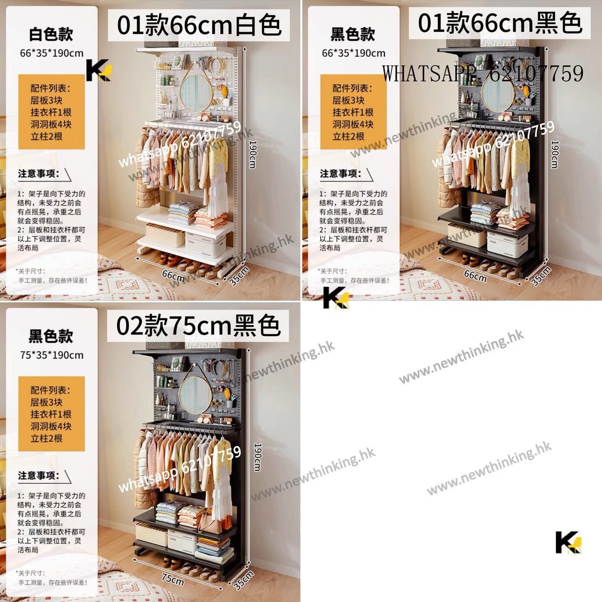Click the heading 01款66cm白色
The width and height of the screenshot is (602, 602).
click(198, 25)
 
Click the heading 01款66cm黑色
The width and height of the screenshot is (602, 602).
click(500, 23)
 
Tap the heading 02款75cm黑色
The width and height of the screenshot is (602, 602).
click(198, 326)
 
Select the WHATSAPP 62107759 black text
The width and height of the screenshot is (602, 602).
click(483, 73)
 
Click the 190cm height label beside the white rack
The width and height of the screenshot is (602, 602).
click(253, 154)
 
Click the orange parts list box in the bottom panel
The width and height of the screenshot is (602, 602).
click(51, 414)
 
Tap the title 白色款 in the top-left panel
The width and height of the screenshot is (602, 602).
click(51, 34)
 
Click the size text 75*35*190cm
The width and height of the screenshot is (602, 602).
click(51, 355)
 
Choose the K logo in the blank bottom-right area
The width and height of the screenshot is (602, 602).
click(568, 542)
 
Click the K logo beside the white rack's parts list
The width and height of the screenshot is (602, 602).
click(99, 71)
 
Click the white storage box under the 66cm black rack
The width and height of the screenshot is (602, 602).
click(507, 245)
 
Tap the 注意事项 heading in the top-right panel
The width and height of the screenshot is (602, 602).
click(340, 173)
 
